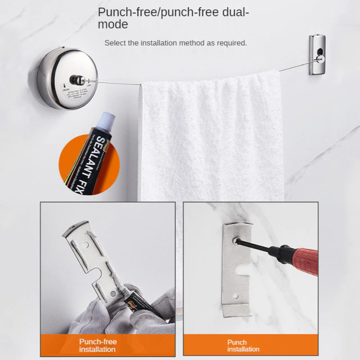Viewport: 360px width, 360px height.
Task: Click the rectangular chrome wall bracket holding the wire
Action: pyautogui.click(x=317, y=54)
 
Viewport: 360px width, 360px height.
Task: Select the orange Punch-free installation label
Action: pyautogui.click(x=98, y=345)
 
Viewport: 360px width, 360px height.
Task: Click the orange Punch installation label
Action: pyautogui.click(x=243, y=346)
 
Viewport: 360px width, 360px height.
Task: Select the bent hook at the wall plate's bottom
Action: pyautogui.click(x=236, y=310)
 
